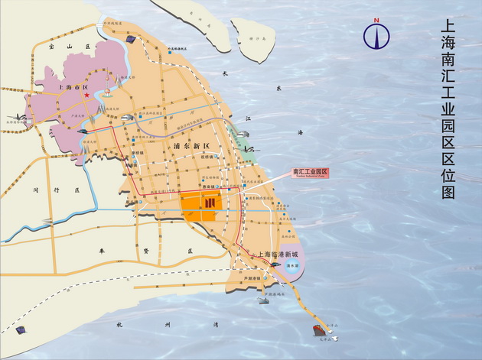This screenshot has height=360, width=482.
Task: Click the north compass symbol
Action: tap(376, 34)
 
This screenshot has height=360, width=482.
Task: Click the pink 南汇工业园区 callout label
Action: tap(310, 173)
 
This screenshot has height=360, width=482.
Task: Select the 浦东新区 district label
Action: tap(181, 145)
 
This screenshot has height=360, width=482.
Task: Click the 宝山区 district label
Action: tap(57, 47)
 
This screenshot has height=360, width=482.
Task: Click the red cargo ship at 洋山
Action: tap(317, 330)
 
